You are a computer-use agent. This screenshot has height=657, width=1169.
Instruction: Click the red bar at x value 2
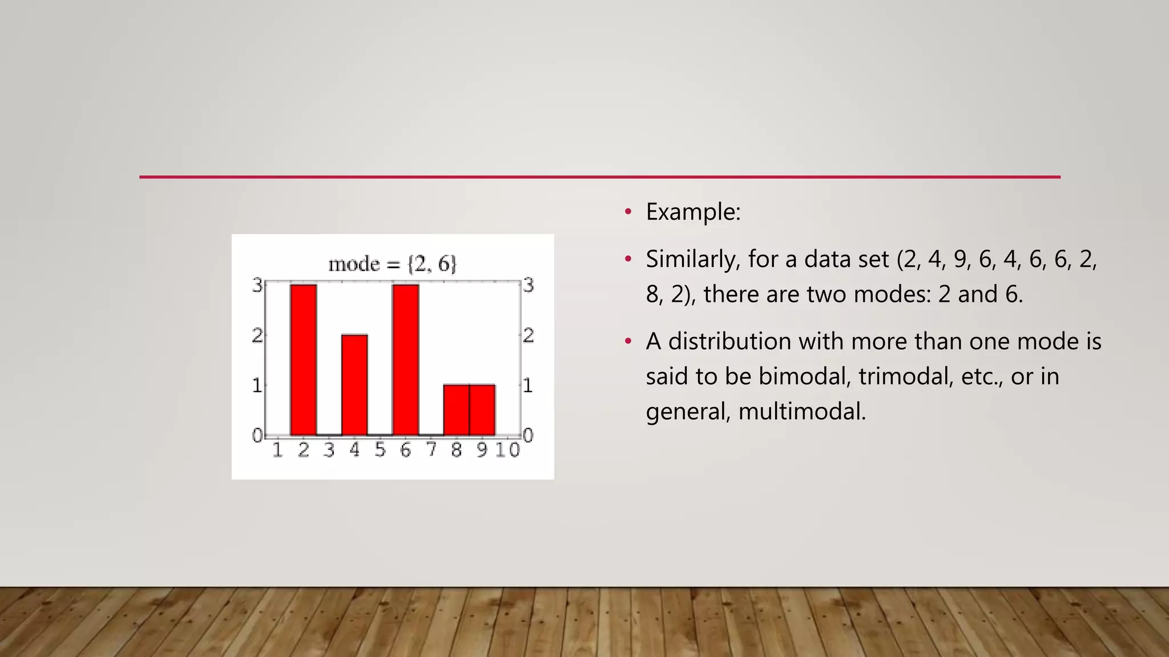pos(303,359)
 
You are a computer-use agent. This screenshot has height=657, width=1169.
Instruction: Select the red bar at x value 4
pos(354,385)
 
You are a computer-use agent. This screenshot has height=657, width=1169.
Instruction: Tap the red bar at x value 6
pos(405,359)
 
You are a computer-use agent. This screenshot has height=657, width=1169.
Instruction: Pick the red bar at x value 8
pos(456,410)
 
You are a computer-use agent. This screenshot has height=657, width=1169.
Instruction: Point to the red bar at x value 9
pos(482,410)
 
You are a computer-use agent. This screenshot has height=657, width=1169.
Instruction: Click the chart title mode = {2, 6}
pos(392,264)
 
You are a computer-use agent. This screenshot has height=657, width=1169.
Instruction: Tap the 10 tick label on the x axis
pos(507,450)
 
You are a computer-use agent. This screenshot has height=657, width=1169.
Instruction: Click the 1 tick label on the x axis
pos(277,450)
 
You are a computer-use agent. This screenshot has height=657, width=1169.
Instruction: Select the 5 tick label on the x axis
pos(380,450)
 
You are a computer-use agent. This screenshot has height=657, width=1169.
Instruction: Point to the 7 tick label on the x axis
pos(432,450)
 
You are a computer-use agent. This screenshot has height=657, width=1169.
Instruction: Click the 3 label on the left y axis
pos(257,285)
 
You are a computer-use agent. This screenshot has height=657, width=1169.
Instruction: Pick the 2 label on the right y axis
pos(529,335)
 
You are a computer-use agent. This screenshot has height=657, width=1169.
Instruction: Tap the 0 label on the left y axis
pos(257,436)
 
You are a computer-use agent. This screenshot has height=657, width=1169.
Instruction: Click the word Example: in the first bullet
pos(693,212)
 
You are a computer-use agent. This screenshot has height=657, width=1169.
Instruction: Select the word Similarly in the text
pos(692,259)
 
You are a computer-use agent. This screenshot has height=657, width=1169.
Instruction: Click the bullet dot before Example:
pos(628,212)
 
